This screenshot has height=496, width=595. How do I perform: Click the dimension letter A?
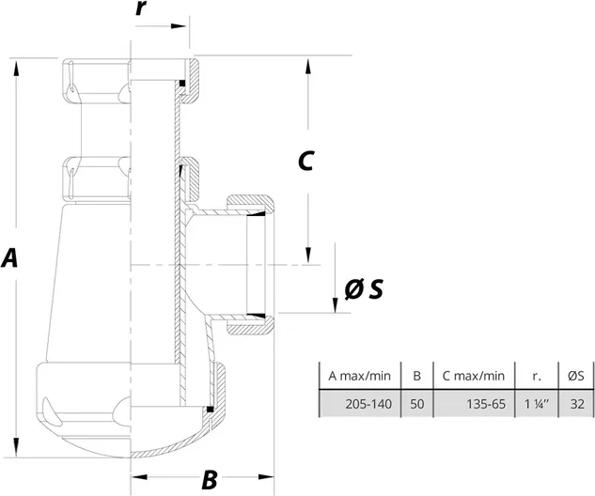coord(10,258)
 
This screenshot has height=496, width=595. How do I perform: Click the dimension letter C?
coord(305,161)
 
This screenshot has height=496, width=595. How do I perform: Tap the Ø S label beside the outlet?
coord(363,290)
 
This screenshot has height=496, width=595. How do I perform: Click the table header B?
coord(416,376)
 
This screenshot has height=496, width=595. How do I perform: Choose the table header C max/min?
coord(473,376)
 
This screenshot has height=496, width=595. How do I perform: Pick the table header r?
coord(537,376)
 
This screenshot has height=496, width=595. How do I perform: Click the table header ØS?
coord(576,376)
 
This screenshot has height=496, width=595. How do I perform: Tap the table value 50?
coord(416,404)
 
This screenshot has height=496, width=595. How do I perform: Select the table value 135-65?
coord(484,404)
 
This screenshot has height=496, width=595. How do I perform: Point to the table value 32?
coord(576,404)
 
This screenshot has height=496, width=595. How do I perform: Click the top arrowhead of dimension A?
coord(17,64)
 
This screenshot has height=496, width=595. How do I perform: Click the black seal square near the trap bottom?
coord(211,409)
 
